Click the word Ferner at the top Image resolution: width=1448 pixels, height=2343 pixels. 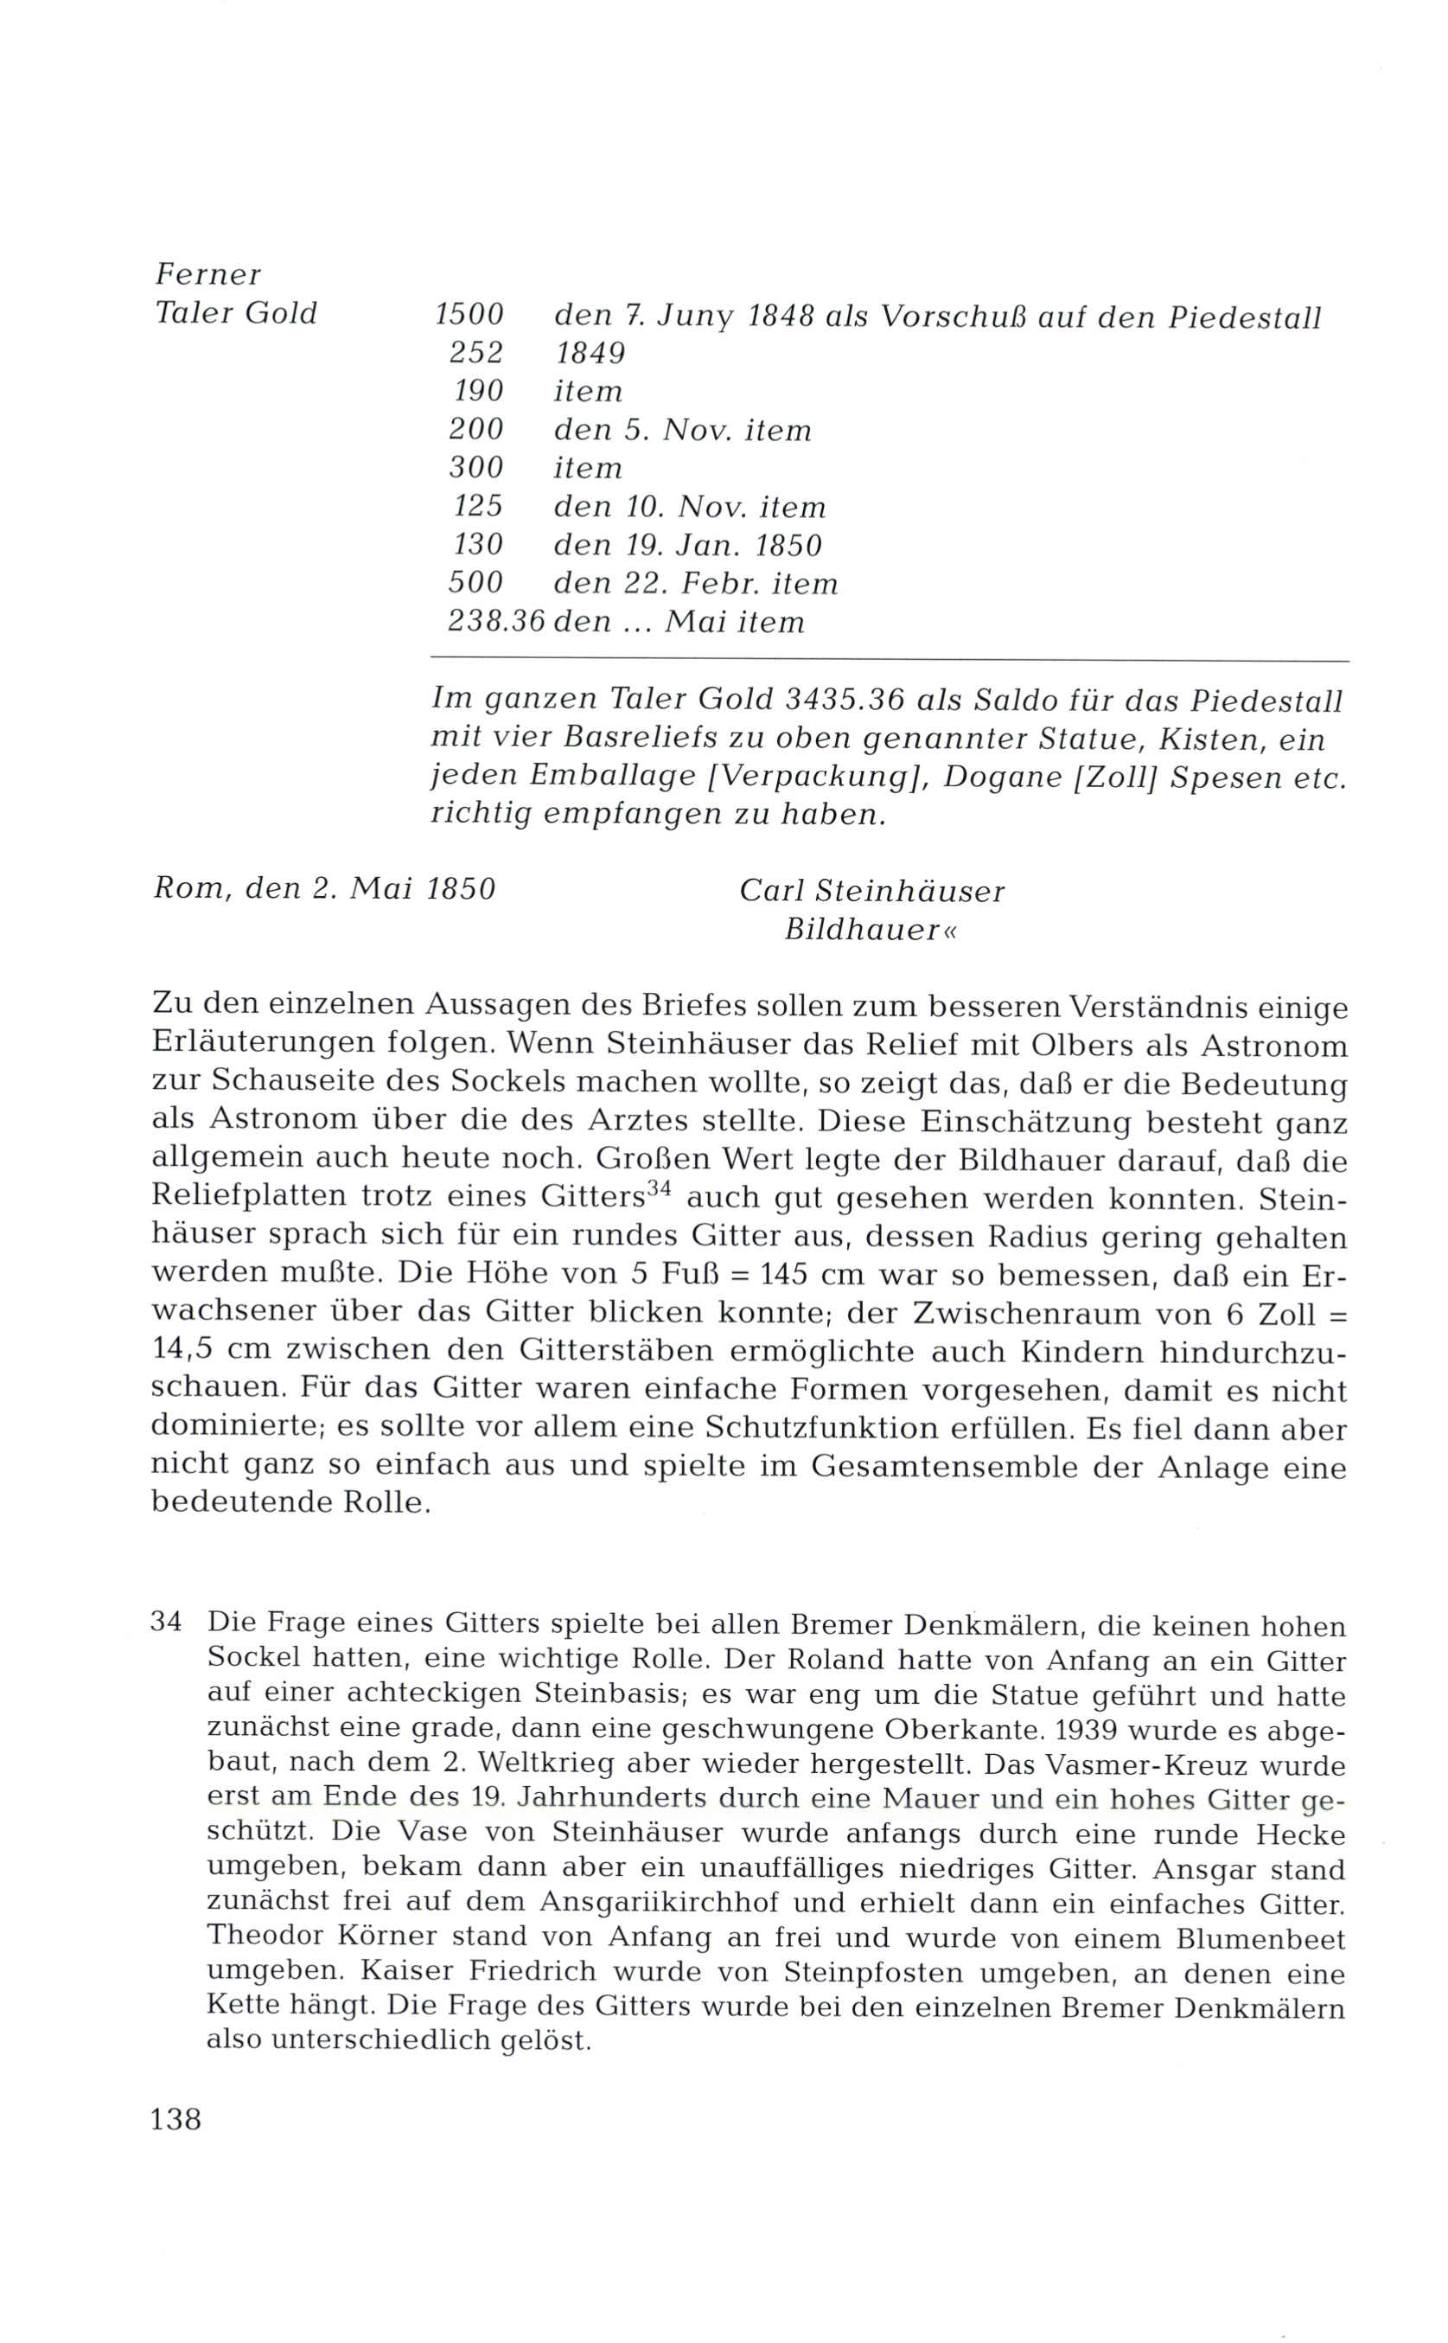coord(207,275)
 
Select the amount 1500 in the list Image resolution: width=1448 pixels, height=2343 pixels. coord(469,315)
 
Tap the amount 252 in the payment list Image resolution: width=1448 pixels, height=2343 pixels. coord(476,354)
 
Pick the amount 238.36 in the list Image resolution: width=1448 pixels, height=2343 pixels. coord(496,623)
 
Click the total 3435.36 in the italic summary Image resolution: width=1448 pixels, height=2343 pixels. coord(844,701)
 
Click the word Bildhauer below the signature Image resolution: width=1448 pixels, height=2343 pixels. coord(862,930)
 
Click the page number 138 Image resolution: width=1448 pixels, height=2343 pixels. coord(176,2120)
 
